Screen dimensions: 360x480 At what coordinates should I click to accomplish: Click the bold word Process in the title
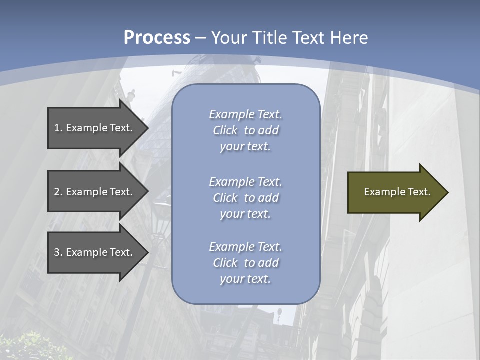click(x=157, y=38)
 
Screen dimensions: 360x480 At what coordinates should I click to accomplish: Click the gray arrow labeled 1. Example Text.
click(x=95, y=128)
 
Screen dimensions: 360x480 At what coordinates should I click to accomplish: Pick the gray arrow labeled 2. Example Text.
click(x=95, y=192)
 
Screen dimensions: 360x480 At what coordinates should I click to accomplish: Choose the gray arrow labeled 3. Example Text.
click(x=95, y=252)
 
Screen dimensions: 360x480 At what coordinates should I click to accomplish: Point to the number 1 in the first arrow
click(x=57, y=128)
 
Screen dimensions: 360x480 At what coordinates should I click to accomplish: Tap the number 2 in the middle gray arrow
click(x=57, y=192)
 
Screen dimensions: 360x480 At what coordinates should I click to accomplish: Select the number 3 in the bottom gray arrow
click(x=57, y=252)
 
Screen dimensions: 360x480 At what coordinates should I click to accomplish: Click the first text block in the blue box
click(x=245, y=130)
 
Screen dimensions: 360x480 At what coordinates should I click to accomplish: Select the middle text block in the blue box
click(x=245, y=198)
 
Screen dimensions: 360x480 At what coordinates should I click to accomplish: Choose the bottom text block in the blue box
click(x=245, y=263)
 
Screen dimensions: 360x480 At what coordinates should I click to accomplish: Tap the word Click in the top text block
click(x=225, y=130)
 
